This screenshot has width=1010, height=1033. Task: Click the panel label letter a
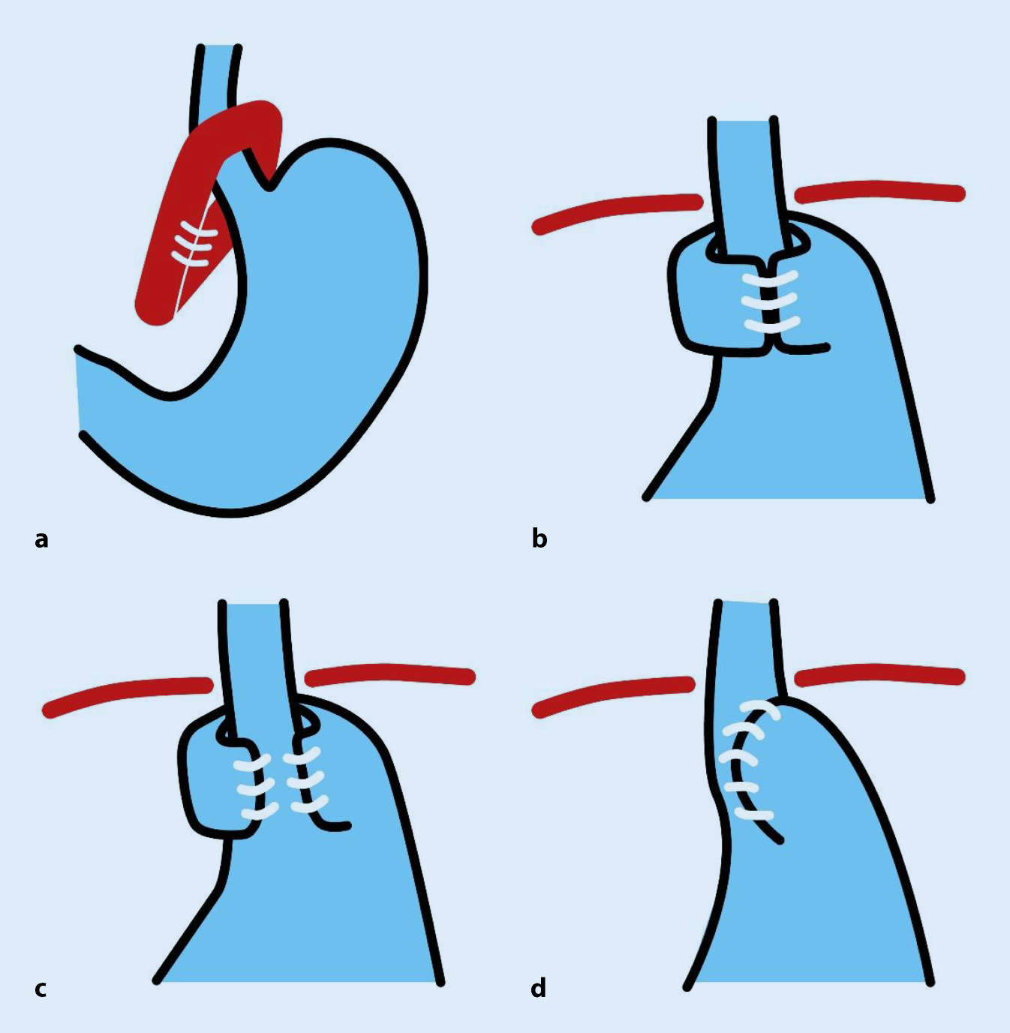click(41, 539)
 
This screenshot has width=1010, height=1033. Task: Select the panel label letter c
click(41, 989)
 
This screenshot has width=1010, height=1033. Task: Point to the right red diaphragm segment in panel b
click(879, 191)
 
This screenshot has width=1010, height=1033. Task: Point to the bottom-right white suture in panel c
click(306, 807)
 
